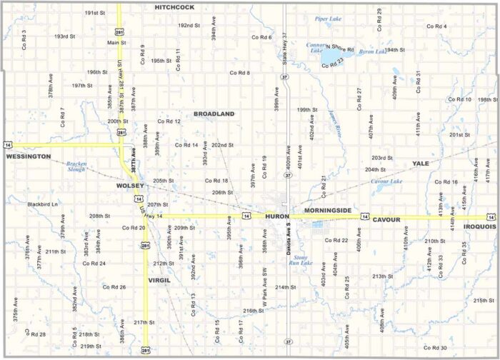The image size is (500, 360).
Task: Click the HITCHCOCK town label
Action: (x=174, y=6)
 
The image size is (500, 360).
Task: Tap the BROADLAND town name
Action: (x=214, y=114)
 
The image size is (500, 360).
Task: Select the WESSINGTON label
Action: (x=29, y=156)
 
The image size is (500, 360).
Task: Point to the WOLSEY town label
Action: (x=131, y=186)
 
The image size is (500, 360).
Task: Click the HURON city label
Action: (x=277, y=216)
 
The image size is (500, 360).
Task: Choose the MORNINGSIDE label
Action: (x=328, y=211)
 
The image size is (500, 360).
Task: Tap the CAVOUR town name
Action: (x=390, y=219)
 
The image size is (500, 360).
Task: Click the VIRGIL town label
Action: (x=159, y=280)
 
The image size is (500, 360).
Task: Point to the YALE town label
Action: (x=421, y=164)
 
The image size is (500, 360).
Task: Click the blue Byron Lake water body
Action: (x=331, y=54)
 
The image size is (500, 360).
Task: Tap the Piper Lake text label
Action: (x=329, y=19)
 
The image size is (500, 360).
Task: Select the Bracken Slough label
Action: (x=76, y=166)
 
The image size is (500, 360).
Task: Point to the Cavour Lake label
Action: (x=386, y=181)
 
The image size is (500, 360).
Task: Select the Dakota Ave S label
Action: (x=289, y=240)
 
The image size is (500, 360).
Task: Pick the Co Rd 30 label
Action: (x=434, y=348)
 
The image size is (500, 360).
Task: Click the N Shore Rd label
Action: (x=340, y=48)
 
